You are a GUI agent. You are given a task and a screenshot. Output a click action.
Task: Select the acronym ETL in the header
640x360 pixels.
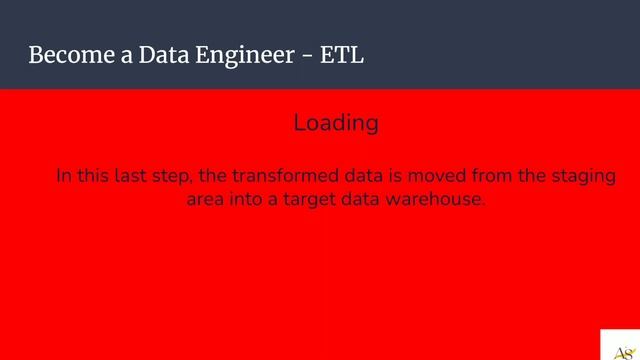342,55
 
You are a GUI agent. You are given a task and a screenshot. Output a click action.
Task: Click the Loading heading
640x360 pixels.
336,123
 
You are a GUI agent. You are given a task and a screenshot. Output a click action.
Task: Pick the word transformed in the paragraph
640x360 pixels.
291,176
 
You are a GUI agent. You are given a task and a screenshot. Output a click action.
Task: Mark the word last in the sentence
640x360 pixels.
130,176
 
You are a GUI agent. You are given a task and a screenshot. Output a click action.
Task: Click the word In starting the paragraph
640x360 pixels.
63,176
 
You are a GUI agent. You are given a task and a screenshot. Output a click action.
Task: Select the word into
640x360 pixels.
251,199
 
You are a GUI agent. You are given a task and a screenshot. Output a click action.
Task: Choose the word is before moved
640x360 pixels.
388,176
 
